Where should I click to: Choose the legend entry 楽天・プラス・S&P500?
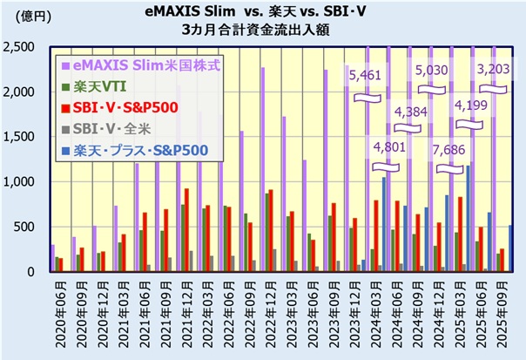coord(139,151)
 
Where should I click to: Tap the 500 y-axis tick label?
coord(29,227)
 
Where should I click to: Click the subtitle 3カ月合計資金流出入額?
coord(261,30)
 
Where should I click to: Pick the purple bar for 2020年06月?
coord(53,258)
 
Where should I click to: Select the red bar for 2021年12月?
coord(187,230)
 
